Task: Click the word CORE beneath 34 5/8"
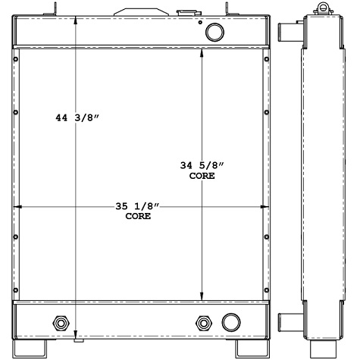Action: point(202,176)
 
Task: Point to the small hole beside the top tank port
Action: point(200,23)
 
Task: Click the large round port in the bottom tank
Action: point(228,322)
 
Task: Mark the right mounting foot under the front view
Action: point(248,349)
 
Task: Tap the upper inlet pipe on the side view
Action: point(289,33)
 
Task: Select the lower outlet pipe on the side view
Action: point(289,321)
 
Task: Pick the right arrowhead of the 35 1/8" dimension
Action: point(266,206)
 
